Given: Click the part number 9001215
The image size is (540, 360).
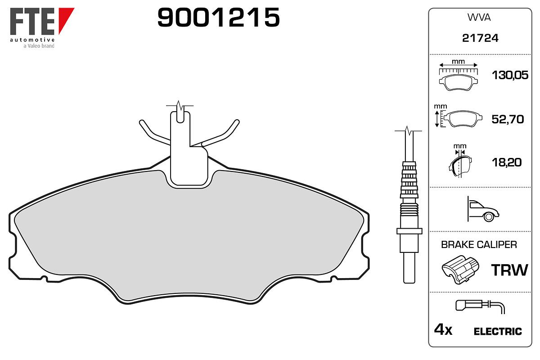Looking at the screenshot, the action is point(218,17).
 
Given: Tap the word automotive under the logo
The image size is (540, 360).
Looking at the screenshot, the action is point(32,40).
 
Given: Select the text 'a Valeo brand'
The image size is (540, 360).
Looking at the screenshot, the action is point(39,46).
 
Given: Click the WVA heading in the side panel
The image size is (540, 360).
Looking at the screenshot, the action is point(479,18).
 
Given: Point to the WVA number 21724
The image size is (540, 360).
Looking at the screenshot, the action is point(480,38).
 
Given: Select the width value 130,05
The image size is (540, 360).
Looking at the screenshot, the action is point(510,75).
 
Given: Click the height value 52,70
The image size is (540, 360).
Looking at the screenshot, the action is point(508,119).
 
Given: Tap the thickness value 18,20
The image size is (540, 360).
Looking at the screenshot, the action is point(507,162).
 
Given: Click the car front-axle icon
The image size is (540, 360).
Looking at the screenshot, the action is point(482,209).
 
